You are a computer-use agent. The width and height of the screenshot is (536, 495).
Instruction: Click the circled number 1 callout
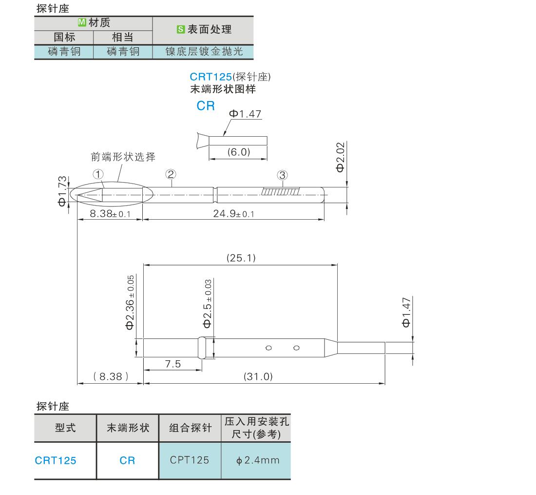click(98, 174)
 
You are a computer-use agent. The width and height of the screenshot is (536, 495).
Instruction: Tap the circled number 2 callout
click(171, 174)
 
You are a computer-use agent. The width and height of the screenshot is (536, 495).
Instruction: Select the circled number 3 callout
click(282, 175)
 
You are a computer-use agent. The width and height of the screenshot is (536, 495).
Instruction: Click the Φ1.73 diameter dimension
click(62, 191)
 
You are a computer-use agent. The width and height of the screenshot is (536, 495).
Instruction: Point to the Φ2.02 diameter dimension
click(341, 157)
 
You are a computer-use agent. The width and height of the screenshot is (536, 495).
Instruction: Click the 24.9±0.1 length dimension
click(234, 214)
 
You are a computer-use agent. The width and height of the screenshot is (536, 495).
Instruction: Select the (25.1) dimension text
click(241, 258)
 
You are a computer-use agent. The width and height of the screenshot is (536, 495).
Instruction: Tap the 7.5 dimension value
click(173, 364)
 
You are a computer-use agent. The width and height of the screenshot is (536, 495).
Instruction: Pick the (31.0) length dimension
click(258, 377)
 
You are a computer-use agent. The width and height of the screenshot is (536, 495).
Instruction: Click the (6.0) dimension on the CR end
click(239, 152)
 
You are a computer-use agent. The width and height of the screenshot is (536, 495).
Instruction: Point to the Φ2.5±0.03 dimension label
click(208, 304)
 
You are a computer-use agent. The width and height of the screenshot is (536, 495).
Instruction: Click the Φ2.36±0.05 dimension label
click(130, 303)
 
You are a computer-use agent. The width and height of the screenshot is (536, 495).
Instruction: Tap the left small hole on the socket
click(268, 348)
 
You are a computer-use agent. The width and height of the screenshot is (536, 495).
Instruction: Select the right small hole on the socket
click(296, 348)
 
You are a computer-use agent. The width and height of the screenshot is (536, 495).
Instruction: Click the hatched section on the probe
click(281, 191)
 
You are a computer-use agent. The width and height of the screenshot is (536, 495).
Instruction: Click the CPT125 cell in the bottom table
click(190, 460)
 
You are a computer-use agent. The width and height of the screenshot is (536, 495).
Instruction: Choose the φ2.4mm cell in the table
click(256, 460)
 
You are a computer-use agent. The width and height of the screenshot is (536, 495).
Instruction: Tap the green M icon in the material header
click(82, 22)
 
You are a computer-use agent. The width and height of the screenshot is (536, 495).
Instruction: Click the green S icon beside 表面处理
click(181, 29)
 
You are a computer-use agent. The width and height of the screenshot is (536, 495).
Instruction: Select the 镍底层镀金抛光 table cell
click(203, 52)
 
